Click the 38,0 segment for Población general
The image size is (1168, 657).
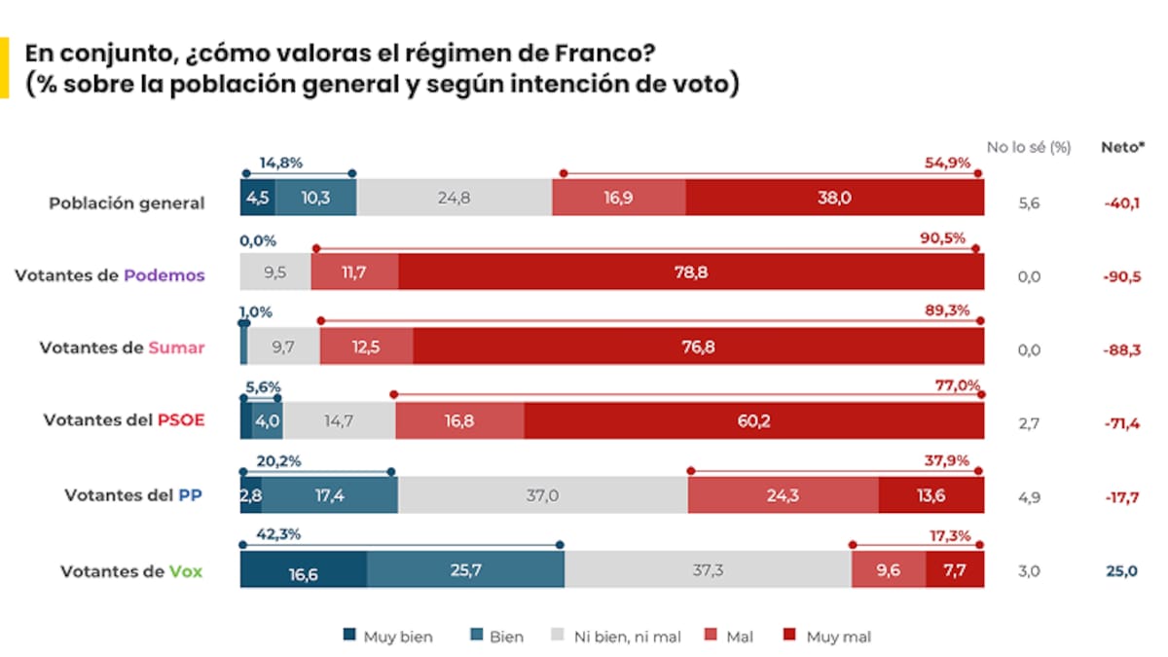[x=834, y=198]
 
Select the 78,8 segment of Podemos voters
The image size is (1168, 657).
[x=690, y=272]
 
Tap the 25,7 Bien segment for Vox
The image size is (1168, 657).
[x=465, y=570]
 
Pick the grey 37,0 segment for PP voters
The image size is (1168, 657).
[x=542, y=495]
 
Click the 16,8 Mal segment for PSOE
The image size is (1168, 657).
[x=459, y=420]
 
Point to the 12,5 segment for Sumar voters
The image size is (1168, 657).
[x=366, y=347]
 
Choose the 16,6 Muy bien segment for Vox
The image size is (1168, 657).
[x=303, y=571]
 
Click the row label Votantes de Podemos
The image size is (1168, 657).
[x=110, y=275]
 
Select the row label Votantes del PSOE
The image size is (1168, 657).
[x=125, y=420]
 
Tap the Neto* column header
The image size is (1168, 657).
[x=1122, y=148]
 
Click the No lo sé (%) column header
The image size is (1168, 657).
[x=1029, y=148]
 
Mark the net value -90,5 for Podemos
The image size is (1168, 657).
[x=1119, y=276]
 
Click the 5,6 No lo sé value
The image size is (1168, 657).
[x=1029, y=203]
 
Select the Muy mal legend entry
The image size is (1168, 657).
[x=827, y=638]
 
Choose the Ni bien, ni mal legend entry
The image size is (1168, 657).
[x=617, y=638]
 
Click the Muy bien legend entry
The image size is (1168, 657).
[x=388, y=638]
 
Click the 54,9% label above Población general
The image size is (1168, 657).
[x=947, y=163]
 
